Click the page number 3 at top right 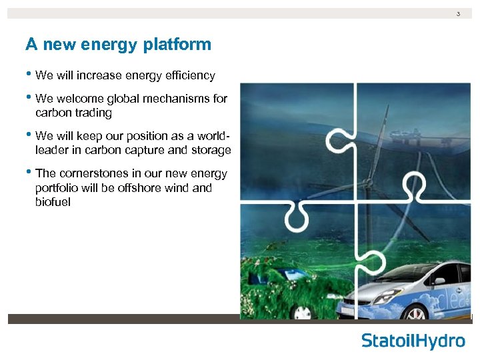458,14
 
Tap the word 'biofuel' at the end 53,202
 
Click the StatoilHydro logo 413,341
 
